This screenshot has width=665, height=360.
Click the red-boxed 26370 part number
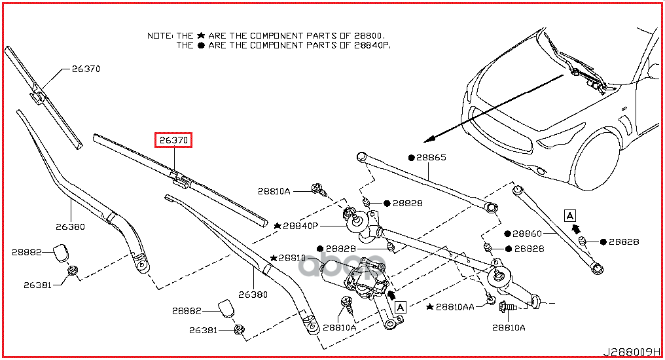(173, 140)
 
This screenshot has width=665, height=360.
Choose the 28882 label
(27, 252)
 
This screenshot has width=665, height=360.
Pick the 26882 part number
(187, 311)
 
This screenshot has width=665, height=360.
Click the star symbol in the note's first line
(201, 35)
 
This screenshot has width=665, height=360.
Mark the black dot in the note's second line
(201, 45)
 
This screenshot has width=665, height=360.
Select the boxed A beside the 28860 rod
(569, 215)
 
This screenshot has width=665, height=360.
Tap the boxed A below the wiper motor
(401, 306)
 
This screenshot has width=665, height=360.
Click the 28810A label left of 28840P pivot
(274, 191)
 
